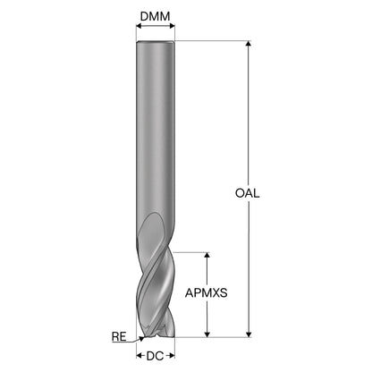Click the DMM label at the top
pos(155,16)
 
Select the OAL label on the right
pos(248,193)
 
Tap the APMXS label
pos(207,293)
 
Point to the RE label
pos(119,337)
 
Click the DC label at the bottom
pos(155,356)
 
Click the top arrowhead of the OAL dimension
pos(249,44)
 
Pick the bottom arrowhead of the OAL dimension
pos(249,334)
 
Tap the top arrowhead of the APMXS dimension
pos(207,256)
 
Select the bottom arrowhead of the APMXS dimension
pos(207,334)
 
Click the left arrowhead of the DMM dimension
pos(139,26)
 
